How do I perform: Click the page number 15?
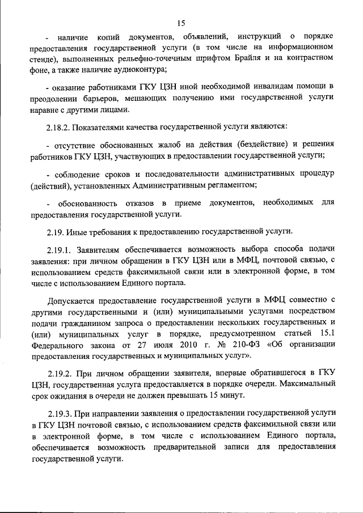click(x=181, y=23)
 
